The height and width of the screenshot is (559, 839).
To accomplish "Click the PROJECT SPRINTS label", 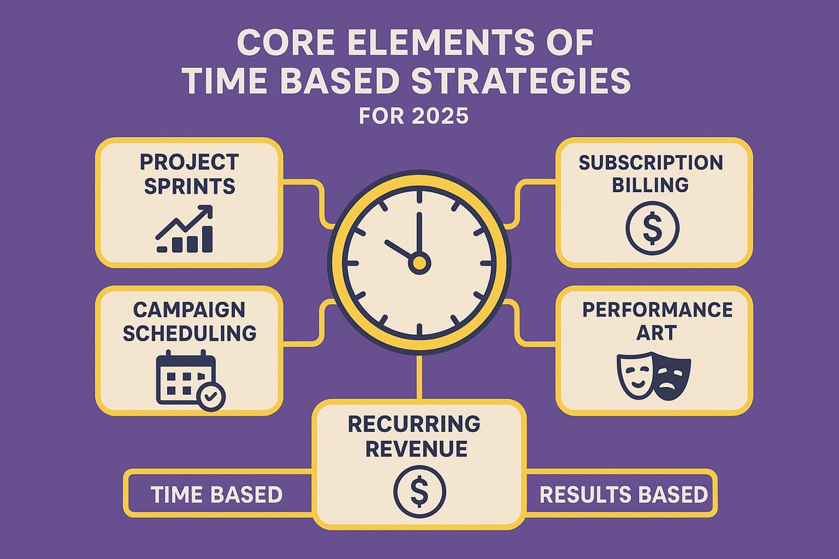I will coord(189,175).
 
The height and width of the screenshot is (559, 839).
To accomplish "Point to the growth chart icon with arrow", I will coord(185,228).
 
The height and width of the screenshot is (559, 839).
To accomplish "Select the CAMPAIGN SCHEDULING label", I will coord(189,321).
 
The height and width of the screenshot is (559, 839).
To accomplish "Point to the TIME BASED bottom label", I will coord(217,495).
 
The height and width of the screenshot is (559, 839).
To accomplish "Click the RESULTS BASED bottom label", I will coord(624,495).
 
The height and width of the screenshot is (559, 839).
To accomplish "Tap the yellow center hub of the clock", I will coord(419,263).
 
